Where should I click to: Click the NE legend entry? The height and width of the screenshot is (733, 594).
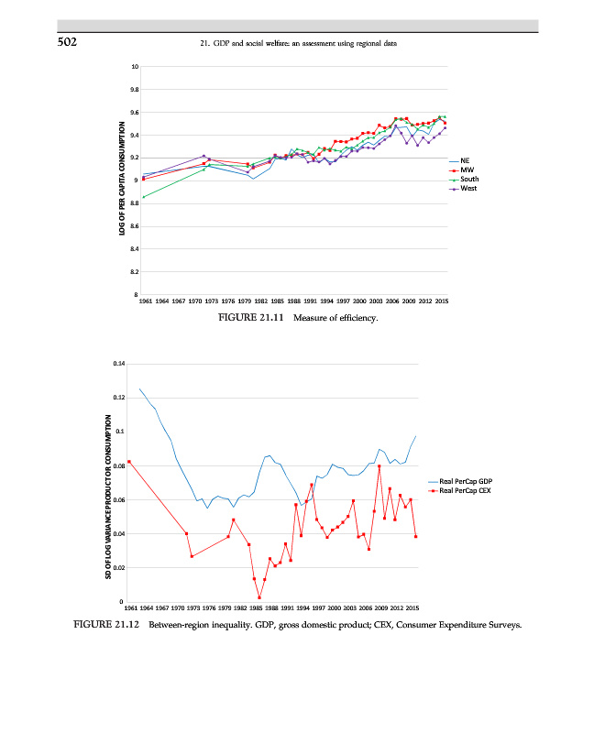(x=465, y=160)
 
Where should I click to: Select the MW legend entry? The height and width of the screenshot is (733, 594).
(x=466, y=170)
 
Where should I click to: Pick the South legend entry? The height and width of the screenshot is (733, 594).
(x=468, y=179)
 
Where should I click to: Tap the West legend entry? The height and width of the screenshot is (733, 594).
(x=467, y=188)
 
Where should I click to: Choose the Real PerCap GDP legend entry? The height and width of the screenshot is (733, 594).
(x=466, y=482)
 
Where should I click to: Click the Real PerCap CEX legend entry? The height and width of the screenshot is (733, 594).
(x=466, y=492)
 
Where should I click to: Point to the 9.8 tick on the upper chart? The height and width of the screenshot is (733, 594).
(x=135, y=90)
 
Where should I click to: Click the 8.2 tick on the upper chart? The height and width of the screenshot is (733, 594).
(x=135, y=272)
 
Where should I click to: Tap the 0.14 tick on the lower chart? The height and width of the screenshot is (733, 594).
(x=119, y=365)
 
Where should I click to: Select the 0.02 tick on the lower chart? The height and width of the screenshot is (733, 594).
(x=119, y=568)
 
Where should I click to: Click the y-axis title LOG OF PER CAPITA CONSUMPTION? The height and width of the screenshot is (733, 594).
(x=121, y=181)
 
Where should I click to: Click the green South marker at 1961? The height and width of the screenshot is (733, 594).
(x=143, y=197)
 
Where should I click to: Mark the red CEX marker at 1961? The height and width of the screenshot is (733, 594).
(x=129, y=462)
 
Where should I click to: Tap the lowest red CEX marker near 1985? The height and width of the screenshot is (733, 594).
(x=259, y=597)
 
